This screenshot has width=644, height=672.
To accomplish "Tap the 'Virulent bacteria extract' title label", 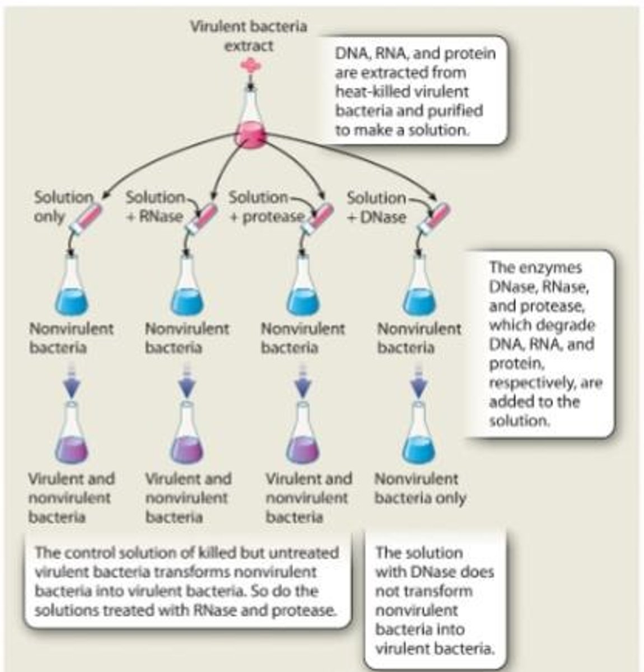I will tap(249, 35).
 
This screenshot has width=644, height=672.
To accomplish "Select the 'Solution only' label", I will tap(63, 207).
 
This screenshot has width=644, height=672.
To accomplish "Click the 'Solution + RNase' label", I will tap(155, 207).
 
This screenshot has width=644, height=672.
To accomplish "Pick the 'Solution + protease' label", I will tap(265, 207).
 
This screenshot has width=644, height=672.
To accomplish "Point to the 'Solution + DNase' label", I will tap(376, 207).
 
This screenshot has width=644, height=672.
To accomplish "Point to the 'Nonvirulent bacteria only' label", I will tap(419, 488).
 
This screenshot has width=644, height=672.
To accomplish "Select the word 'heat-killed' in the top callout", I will tap(365, 91).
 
